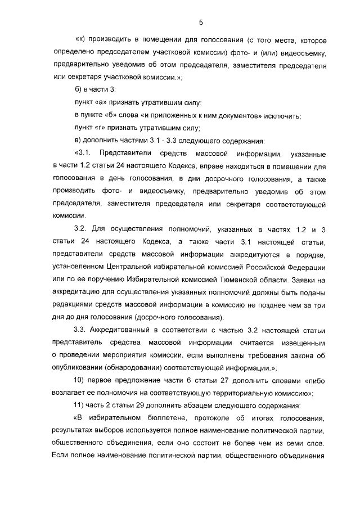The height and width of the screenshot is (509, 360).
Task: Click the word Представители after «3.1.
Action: click(x=129, y=154)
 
